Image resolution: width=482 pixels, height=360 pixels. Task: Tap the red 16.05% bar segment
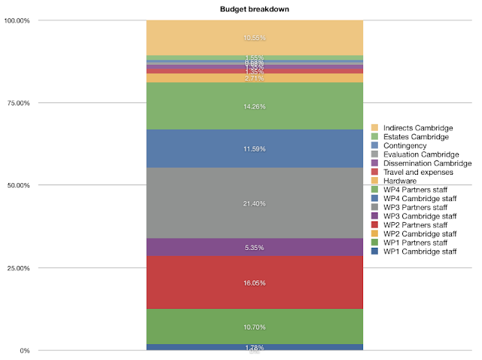click(255, 282)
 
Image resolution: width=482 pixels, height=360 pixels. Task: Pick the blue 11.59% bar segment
click(255, 148)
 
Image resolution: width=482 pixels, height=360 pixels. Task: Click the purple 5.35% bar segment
click(255, 247)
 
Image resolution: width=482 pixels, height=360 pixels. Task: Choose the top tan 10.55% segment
click(255, 38)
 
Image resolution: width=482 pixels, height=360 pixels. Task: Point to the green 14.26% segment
click(255, 106)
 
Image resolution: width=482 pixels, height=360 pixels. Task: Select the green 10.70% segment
click(255, 327)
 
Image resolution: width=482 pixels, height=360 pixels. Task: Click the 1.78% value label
click(255, 347)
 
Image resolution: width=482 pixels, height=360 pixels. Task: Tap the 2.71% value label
click(255, 78)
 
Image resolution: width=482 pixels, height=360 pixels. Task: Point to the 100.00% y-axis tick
click(16, 21)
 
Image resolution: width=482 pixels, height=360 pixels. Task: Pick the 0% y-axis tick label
click(25, 351)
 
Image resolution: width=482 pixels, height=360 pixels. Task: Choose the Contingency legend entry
click(404, 145)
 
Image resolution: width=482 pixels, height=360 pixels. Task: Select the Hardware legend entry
click(400, 182)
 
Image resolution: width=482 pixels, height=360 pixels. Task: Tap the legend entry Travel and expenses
click(418, 172)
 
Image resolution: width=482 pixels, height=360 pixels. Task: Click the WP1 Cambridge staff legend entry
click(420, 250)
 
